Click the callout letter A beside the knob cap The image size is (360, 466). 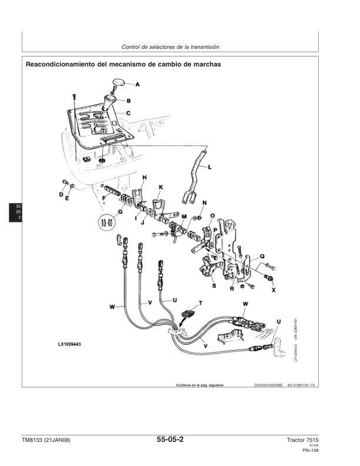pyautogui.click(x=138, y=85)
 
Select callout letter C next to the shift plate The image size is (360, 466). pyautogui.click(x=128, y=112)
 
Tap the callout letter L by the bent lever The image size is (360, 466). pyautogui.click(x=211, y=167)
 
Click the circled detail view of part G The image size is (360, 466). pyautogui.click(x=106, y=222)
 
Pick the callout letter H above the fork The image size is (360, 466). pyautogui.click(x=145, y=177)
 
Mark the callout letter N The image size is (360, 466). pyautogui.click(x=204, y=203)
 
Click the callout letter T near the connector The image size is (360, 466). pyautogui.click(x=201, y=302)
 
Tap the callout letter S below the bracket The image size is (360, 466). pyautogui.click(x=213, y=285)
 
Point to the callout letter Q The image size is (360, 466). pyautogui.click(x=262, y=257)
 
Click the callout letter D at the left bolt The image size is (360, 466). pyautogui.click(x=61, y=194)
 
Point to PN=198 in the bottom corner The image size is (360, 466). pyautogui.click(x=311, y=451)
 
